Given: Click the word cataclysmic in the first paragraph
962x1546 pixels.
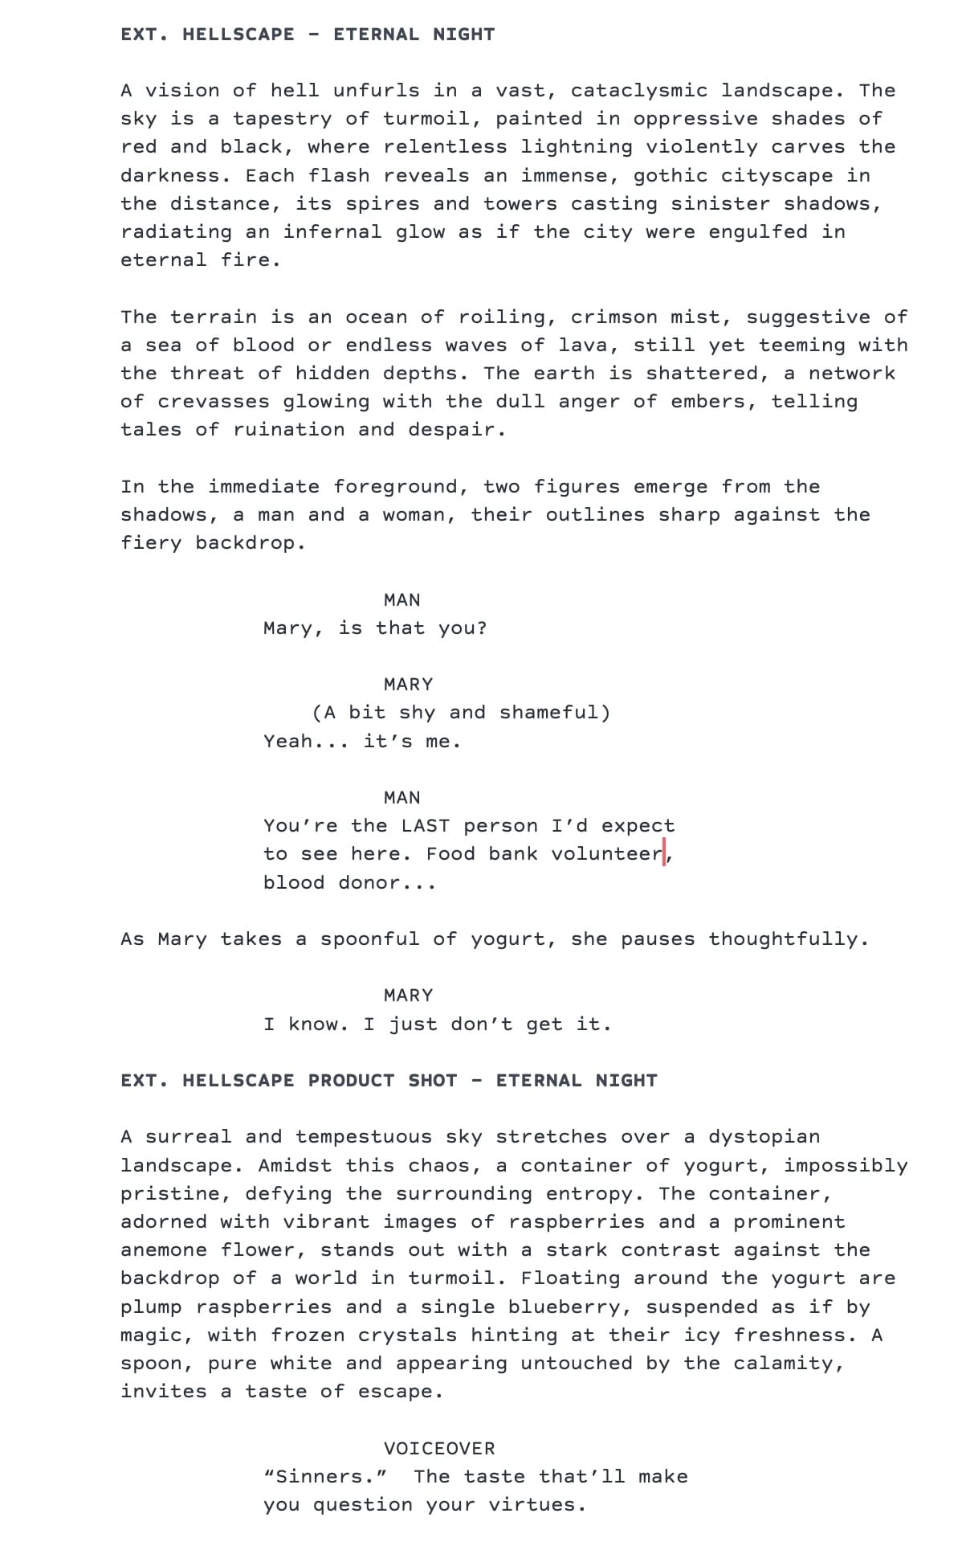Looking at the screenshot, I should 639,91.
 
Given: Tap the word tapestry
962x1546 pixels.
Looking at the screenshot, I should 282,119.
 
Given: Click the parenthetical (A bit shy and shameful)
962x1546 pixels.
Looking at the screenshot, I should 461,713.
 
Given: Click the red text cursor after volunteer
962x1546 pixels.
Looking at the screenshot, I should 665,853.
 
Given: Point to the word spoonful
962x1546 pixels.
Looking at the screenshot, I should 369,939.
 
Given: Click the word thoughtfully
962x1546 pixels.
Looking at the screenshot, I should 783,939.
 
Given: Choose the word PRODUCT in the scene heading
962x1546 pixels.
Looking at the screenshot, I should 351,1081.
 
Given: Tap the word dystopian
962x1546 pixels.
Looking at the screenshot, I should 764,1137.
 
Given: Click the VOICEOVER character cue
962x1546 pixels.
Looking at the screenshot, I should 439,1449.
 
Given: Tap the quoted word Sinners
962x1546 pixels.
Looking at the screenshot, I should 326,1477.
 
